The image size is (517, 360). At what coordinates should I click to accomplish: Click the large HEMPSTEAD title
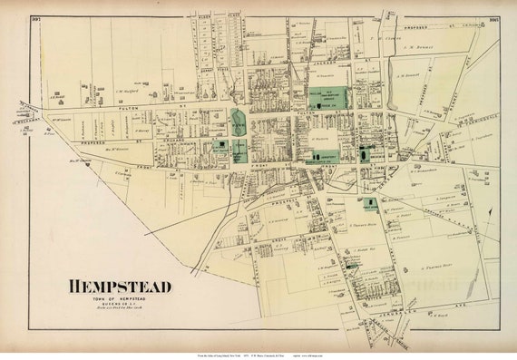[119, 287]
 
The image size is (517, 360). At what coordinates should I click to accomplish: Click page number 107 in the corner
[36, 19]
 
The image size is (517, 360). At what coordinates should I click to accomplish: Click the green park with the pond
[238, 121]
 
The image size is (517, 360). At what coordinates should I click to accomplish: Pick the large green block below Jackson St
[327, 97]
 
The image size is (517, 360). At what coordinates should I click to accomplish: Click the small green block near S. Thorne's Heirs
[371, 205]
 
